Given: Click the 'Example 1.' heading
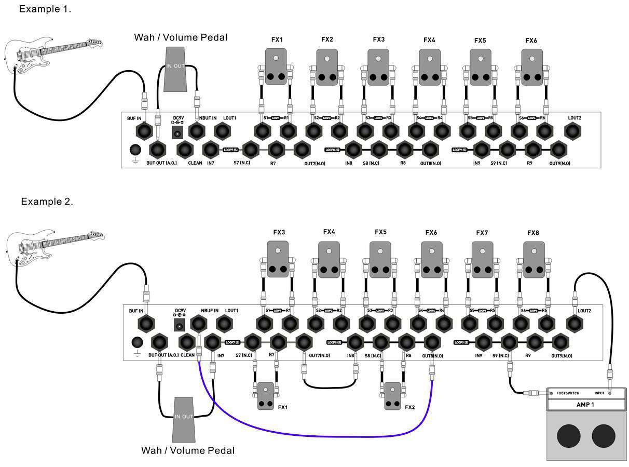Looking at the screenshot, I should pyautogui.click(x=45, y=9).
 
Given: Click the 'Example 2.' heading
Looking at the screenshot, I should pyautogui.click(x=47, y=202).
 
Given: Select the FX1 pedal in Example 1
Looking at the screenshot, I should pyautogui.click(x=276, y=66).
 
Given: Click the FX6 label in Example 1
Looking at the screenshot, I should pyautogui.click(x=531, y=40).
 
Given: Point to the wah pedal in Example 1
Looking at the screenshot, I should pyautogui.click(x=175, y=70).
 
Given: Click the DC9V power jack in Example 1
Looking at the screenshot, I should pyautogui.click(x=177, y=133).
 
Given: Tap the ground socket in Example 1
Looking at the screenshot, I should pyautogui.click(x=135, y=150).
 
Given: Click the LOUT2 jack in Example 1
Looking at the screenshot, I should pyautogui.click(x=573, y=131).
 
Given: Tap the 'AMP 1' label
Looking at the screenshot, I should pyautogui.click(x=585, y=405).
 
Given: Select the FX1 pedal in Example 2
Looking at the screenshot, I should pyautogui.click(x=266, y=396).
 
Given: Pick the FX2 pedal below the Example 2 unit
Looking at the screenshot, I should pyautogui.click(x=393, y=396).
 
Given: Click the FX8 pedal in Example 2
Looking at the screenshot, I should pyautogui.click(x=534, y=259).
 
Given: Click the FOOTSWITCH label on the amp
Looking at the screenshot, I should pyautogui.click(x=567, y=393).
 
